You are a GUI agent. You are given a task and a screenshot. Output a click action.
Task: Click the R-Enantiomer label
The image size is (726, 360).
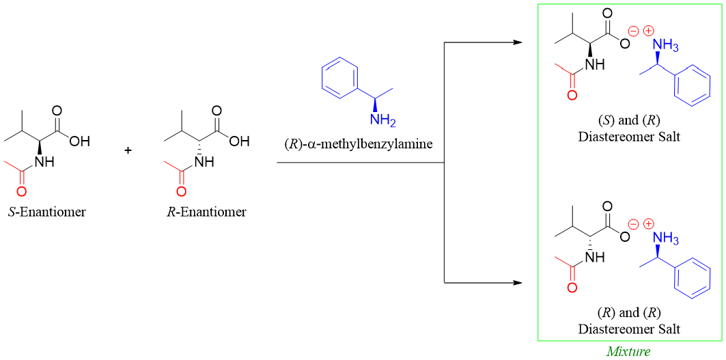[206, 212]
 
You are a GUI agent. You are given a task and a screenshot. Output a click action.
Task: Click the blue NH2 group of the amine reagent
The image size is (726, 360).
[382, 120]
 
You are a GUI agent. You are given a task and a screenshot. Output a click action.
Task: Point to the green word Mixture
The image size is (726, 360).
[628, 352]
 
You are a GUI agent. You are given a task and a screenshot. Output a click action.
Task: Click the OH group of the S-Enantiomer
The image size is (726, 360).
[79, 142]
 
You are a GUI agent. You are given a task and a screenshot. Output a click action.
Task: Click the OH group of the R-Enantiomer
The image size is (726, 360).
[239, 142]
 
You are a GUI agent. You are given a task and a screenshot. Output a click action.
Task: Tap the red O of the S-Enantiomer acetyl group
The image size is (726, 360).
[21, 190]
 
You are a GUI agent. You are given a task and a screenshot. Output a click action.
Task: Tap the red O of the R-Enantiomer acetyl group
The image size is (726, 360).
[182, 190]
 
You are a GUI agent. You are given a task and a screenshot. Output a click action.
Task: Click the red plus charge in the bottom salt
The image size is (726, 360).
[648, 223]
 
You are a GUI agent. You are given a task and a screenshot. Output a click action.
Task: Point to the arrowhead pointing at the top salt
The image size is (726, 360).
[518, 43]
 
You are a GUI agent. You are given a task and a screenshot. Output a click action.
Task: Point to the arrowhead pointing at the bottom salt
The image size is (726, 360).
[518, 282]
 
